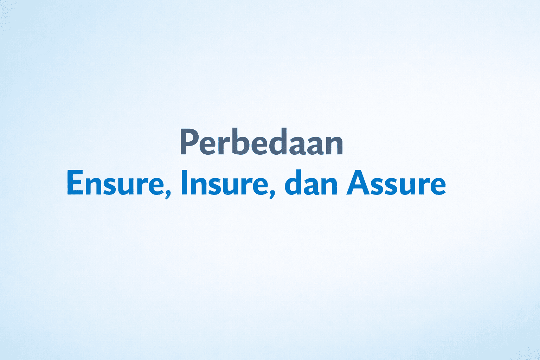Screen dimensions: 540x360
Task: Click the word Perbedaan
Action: coord(262,142)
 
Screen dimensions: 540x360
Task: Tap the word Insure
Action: coord(225,182)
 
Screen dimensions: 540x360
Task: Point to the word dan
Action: coord(311,182)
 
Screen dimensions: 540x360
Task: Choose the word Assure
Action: coord(396,182)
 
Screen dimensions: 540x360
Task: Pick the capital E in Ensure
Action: coord(75,182)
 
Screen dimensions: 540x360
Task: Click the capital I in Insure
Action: coord(184,182)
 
